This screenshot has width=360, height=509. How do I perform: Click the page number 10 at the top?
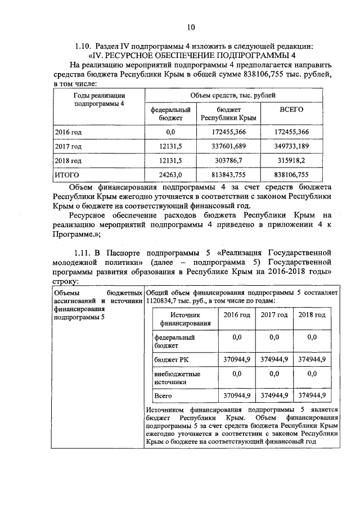pyautogui.click(x=190, y=26)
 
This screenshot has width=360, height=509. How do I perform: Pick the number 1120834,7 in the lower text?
pyautogui.click(x=164, y=301)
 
